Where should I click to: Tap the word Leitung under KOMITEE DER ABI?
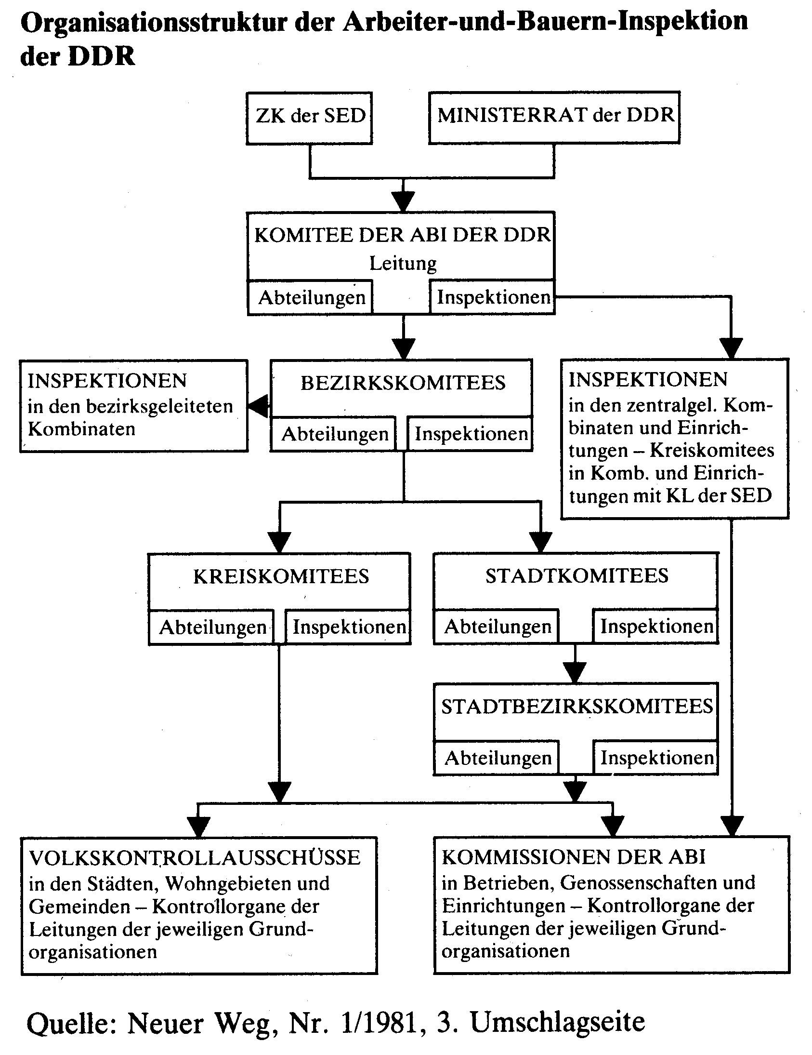click(403, 264)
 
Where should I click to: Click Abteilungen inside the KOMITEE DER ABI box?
click(312, 297)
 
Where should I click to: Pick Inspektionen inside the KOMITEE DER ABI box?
click(493, 297)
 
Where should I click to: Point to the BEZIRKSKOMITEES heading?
click(403, 383)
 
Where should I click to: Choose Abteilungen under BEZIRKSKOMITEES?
click(335, 434)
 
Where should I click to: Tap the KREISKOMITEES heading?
click(281, 576)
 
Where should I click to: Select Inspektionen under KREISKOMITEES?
click(350, 627)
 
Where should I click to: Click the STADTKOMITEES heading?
click(577, 576)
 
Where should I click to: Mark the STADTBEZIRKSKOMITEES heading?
click(577, 707)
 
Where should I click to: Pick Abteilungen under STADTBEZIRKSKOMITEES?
click(498, 758)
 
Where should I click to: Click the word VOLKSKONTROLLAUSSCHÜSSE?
click(195, 858)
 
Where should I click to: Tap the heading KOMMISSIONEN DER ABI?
click(574, 857)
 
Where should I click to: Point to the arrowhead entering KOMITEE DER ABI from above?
click(403, 202)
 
